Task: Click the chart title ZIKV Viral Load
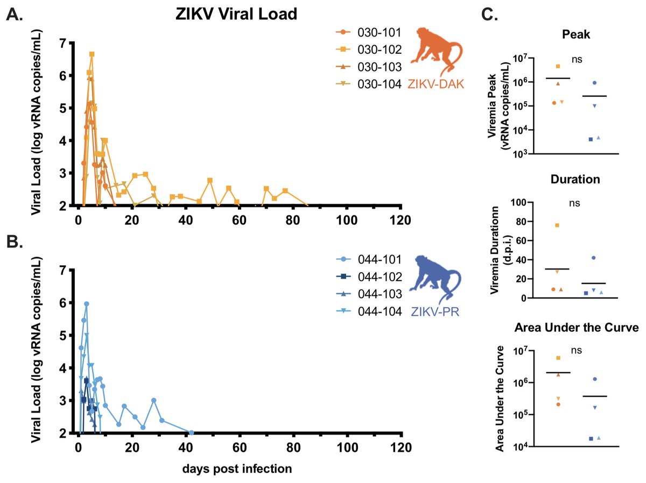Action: pos(236,14)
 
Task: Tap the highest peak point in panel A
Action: pos(92,54)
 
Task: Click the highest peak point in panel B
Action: pos(86,304)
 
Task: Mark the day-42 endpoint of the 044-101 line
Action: pos(191,432)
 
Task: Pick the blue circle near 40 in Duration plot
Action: pos(593,258)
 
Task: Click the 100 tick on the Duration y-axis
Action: pos(518,203)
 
